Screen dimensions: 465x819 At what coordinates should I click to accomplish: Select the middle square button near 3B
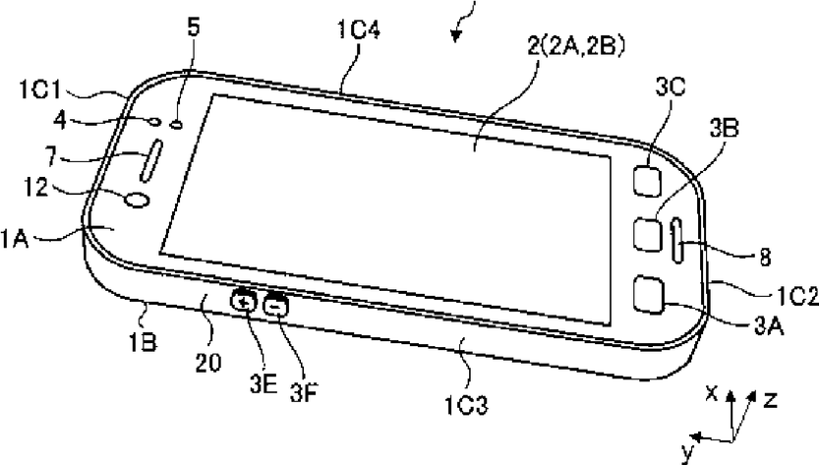point(648,236)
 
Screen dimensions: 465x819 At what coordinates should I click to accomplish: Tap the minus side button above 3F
point(275,306)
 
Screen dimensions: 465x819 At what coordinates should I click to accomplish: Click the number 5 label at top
point(194,27)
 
